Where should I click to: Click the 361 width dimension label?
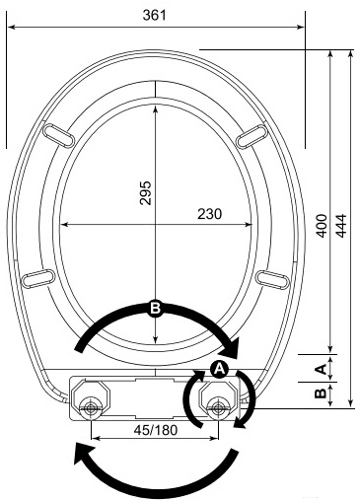[155, 15]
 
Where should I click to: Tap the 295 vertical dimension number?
[145, 193]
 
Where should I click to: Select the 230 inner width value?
[209, 214]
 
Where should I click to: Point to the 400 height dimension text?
[322, 226]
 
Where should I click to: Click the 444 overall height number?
[341, 226]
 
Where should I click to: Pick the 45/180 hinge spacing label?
[156, 430]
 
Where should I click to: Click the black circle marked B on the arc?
[155, 309]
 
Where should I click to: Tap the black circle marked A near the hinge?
[219, 369]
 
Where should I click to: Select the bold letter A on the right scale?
[321, 369]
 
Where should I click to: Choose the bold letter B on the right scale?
[321, 394]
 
